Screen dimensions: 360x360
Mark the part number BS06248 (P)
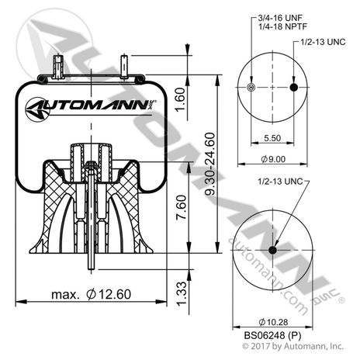[272, 335]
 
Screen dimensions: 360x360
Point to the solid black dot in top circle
[293, 87]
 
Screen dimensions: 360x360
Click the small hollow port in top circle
[249, 87]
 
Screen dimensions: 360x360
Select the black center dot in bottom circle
[272, 249]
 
